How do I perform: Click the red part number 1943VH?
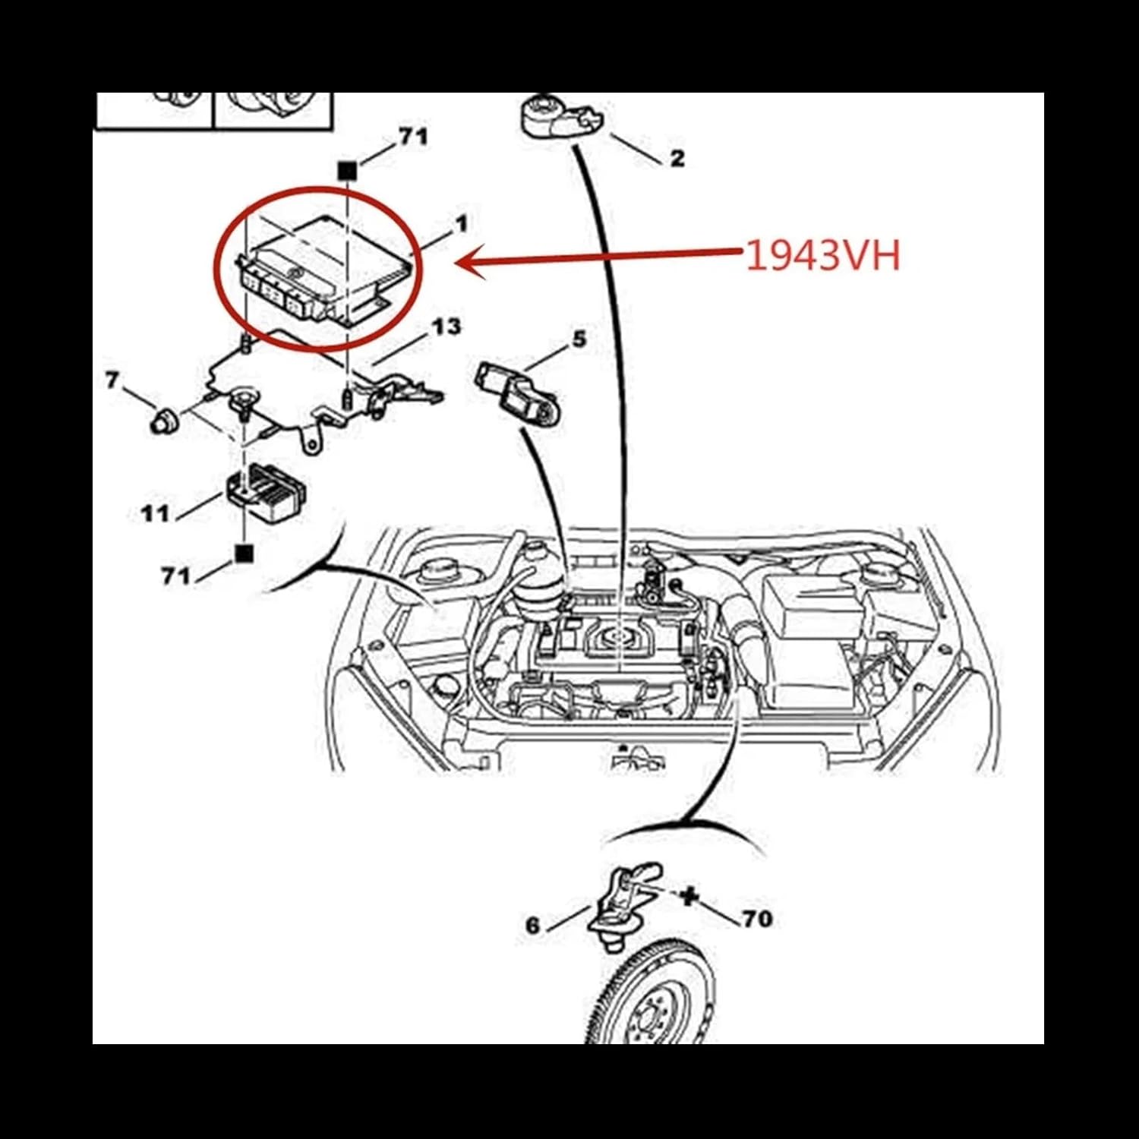tap(822, 255)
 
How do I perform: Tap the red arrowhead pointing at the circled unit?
tap(466, 263)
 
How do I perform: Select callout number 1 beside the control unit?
tap(461, 223)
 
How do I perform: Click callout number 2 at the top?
tap(677, 158)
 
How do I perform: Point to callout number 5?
tap(579, 339)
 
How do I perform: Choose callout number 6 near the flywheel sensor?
tap(533, 925)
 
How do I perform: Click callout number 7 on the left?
tap(112, 380)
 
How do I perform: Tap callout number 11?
tap(155, 514)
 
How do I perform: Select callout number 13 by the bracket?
tap(446, 327)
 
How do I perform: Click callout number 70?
tap(757, 919)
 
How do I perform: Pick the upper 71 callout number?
tap(413, 137)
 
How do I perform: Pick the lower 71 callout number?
tap(176, 576)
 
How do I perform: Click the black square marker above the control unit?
tap(347, 171)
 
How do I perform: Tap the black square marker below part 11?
tap(244, 554)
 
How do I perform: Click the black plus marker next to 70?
tap(689, 897)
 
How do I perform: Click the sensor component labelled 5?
tap(515, 391)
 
